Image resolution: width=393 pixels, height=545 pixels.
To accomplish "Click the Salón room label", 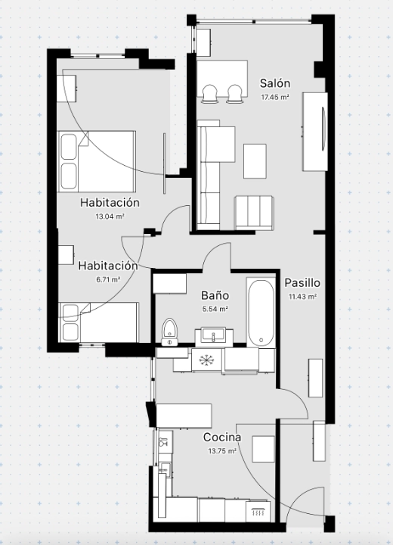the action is [x=275, y=83].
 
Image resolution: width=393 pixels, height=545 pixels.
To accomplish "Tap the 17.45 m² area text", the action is [x=275, y=98].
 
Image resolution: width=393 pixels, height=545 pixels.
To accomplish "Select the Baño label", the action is [x=215, y=295].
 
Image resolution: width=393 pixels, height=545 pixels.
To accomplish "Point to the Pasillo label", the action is [x=302, y=283].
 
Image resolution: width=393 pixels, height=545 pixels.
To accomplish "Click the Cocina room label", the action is [x=222, y=438].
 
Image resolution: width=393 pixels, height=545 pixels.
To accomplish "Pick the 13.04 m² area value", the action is [x=110, y=216].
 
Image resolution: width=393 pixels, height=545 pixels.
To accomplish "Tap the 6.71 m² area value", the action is [x=108, y=279].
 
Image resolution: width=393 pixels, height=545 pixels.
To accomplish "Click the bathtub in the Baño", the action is [x=261, y=313].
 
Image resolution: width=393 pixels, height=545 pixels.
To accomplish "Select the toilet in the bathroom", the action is [x=170, y=332].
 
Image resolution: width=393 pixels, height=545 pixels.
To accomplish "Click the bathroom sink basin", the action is [x=214, y=336].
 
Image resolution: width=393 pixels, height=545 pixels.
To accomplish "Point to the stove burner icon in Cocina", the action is [x=258, y=512].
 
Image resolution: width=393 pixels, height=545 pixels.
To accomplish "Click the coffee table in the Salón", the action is [x=255, y=161].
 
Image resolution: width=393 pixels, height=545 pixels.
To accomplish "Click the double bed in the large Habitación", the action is [x=97, y=162].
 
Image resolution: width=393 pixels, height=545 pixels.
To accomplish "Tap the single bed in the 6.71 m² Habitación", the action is [x=98, y=322].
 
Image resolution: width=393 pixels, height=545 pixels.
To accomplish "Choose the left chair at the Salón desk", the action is [x=209, y=94].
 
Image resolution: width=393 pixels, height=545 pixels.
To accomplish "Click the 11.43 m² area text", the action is [x=302, y=297].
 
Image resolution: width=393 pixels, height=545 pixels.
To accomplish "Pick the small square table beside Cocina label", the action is [x=263, y=449].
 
